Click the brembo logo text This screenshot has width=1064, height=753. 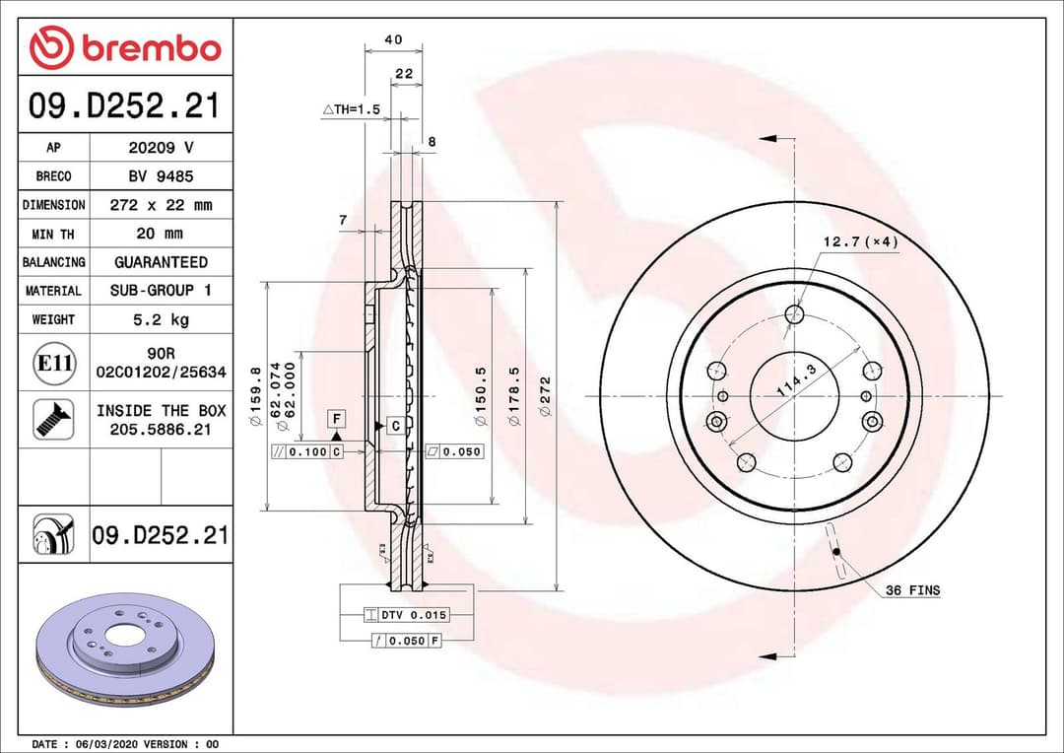coord(151,48)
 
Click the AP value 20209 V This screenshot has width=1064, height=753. coord(161,148)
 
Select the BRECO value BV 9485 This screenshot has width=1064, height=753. coord(161,176)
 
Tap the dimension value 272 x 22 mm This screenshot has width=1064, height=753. coord(161,205)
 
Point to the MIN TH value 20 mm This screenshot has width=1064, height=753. coord(161,234)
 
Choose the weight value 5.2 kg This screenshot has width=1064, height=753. coord(161,319)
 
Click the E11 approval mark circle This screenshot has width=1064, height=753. coord(54,363)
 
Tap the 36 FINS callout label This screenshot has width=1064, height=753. coord(911,590)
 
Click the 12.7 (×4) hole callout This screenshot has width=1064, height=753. coord(860,241)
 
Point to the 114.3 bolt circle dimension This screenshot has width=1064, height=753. coord(797,380)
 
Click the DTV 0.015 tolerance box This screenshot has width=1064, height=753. coord(407,615)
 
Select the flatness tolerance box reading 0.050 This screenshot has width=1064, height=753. coord(454,451)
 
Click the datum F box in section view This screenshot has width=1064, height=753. coord(336,418)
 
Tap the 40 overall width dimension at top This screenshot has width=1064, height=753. coord(393,39)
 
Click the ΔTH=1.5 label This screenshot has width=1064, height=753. coord(351,109)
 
